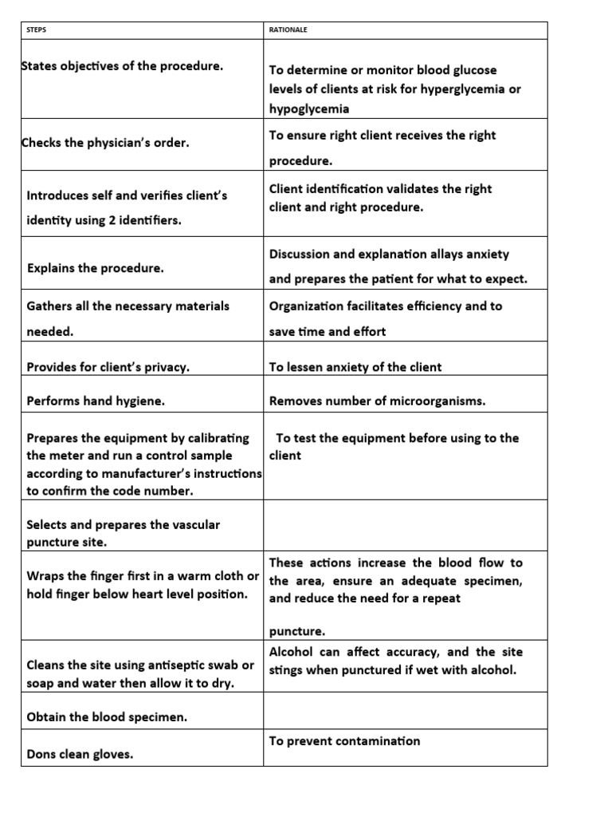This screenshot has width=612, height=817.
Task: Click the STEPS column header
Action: tap(37, 30)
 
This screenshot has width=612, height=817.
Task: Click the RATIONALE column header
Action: tap(288, 30)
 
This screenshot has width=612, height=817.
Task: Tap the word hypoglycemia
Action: tap(308, 109)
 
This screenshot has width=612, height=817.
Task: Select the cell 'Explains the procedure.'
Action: tap(96, 268)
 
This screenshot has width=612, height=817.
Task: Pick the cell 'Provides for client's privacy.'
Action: tap(108, 367)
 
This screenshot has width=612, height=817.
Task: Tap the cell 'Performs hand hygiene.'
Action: tap(96, 401)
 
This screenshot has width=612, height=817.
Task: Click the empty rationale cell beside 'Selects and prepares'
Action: tap(405, 525)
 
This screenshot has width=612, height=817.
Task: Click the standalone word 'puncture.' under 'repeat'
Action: tap(296, 631)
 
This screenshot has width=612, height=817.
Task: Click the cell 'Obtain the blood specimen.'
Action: tap(107, 716)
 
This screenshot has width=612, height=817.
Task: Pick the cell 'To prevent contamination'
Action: tap(344, 740)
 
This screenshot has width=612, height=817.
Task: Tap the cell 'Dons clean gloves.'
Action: tap(80, 752)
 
